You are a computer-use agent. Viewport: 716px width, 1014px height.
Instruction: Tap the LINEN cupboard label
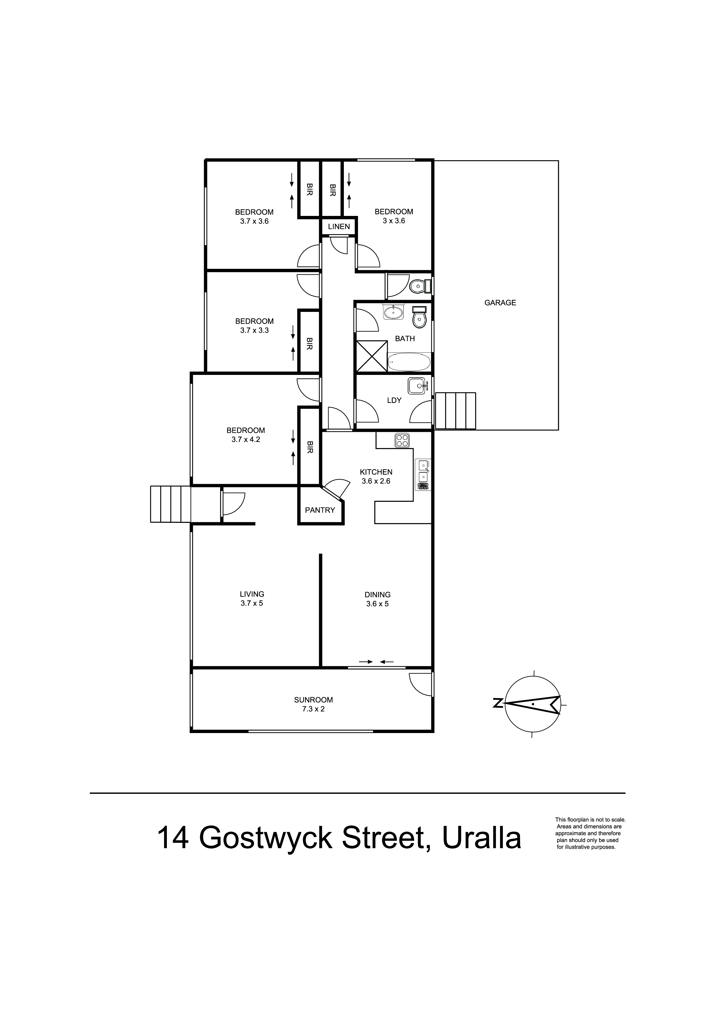339,227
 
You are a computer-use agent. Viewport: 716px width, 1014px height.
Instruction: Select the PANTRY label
320,510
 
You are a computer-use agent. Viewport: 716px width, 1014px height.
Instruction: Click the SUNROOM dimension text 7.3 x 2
313,709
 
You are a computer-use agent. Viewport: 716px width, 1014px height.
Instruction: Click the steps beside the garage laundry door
455,411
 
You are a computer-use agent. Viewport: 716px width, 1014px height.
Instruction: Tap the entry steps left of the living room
171,504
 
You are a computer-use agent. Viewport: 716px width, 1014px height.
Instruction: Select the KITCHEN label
376,472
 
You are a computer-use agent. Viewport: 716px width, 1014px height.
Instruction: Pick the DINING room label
378,595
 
